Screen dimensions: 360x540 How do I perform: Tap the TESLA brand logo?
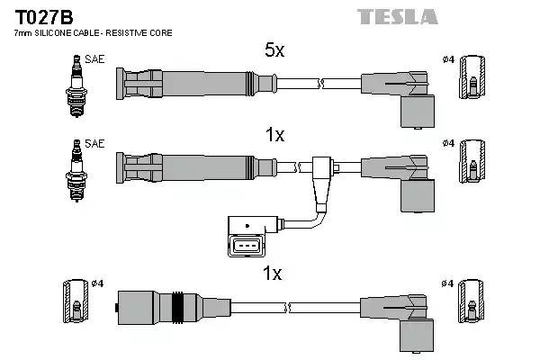point(397,16)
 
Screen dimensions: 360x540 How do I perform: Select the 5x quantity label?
point(274,51)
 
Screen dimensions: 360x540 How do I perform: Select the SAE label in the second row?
point(94,143)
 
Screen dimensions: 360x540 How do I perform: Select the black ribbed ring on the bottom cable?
point(178,307)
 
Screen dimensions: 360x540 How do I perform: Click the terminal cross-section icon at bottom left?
point(73,301)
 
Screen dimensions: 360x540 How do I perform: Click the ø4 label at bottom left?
point(98,284)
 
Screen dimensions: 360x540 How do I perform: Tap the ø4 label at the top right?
point(447,59)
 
